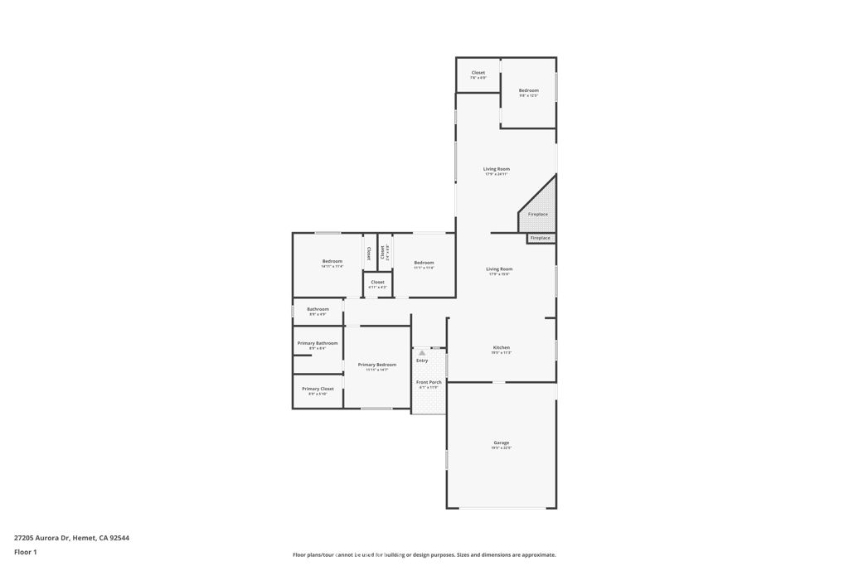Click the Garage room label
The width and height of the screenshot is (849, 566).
click(502, 443)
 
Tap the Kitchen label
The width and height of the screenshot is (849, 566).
click(502, 347)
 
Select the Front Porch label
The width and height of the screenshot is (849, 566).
click(429, 382)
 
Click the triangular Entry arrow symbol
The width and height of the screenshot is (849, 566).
click(422, 353)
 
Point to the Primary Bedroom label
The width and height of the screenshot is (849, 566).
click(377, 365)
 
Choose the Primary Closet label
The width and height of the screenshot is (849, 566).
click(318, 389)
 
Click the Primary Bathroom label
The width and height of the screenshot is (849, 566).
click(318, 343)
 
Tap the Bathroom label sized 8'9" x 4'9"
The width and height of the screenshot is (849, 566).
click(318, 309)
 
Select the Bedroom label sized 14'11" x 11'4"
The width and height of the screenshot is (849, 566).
click(332, 262)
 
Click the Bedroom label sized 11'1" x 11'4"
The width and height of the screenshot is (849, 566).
click(424, 263)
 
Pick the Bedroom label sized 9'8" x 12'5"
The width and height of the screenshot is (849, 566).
click(529, 90)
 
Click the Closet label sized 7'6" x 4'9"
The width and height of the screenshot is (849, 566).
click(478, 73)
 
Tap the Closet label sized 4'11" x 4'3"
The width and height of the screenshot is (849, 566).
click(377, 283)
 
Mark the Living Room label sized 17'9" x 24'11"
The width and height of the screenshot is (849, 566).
click(497, 169)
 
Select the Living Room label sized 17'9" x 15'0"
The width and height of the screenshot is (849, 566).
click(500, 269)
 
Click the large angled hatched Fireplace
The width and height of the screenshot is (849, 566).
click(541, 207)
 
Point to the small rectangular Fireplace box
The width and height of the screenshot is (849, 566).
click(541, 239)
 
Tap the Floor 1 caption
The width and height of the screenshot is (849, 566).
click(26, 551)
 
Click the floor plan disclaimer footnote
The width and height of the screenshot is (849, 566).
click(424, 554)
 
